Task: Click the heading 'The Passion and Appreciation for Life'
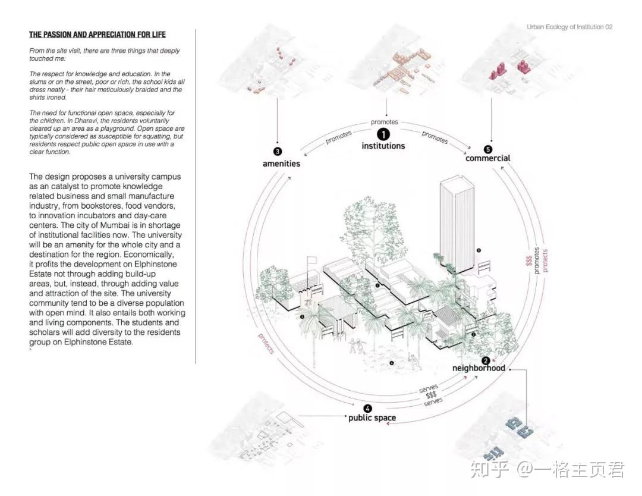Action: pos(97,34)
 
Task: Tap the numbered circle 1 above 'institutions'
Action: pos(383,135)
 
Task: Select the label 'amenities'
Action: pos(281,163)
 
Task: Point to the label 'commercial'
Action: pos(487,158)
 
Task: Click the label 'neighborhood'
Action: pos(479,368)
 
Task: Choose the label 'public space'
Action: pos(372,417)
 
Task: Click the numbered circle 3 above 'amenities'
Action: pos(278,151)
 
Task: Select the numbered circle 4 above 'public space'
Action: pos(368,408)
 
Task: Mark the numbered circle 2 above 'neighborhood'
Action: pos(486,360)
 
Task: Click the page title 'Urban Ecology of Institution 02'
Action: pos(569,27)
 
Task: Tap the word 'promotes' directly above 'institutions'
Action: pos(384,122)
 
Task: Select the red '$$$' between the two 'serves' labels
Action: pos(431,395)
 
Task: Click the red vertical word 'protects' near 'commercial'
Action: pos(545,260)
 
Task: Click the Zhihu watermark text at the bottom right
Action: pos(547,470)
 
